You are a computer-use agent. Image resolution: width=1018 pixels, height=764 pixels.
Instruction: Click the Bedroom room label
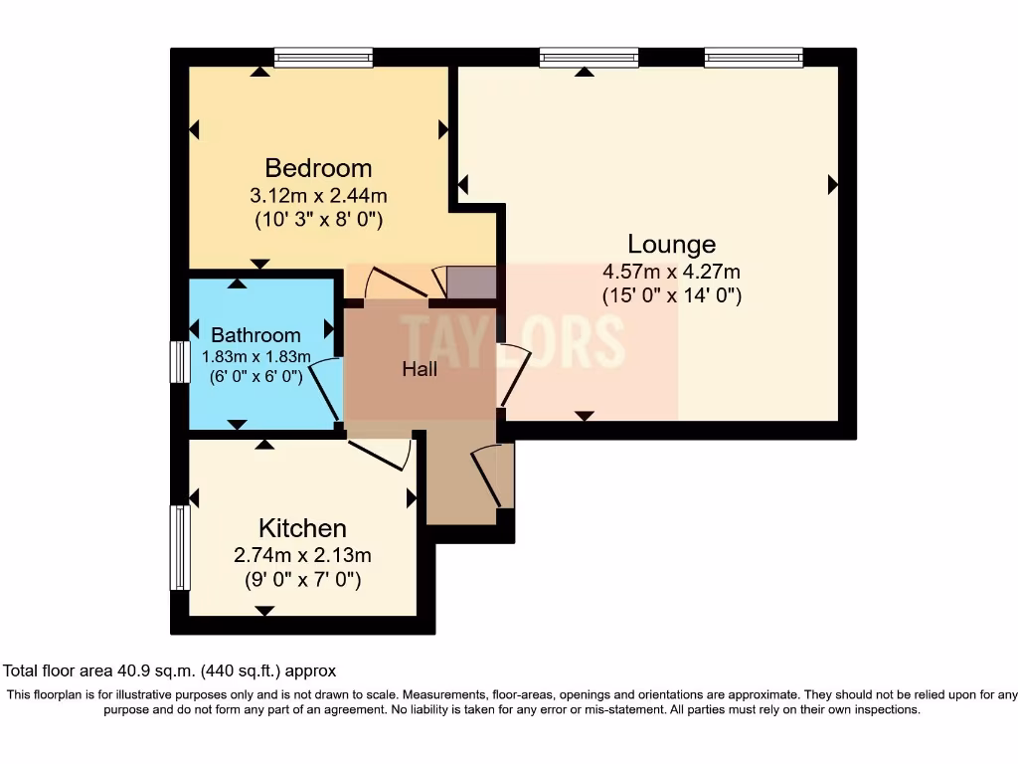point(318,167)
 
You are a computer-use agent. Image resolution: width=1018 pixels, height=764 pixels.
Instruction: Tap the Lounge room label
point(671,244)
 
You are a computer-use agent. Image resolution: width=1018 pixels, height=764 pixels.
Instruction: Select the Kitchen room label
point(302,528)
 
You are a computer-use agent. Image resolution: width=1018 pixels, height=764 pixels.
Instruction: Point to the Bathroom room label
point(255,335)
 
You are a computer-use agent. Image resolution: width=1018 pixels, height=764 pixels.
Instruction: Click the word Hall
point(420,369)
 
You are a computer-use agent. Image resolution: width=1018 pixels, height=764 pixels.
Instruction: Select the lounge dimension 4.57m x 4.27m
point(671,271)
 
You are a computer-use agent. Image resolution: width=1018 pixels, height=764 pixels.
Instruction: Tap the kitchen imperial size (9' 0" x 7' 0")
point(302,578)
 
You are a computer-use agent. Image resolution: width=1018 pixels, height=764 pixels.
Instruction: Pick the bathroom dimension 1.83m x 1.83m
point(256,356)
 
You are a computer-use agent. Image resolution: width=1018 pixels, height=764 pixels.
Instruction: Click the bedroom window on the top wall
point(323,58)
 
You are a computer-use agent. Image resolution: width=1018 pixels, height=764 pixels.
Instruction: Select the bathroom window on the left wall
point(180,361)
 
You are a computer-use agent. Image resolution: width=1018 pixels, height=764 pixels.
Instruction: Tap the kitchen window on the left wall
point(180,547)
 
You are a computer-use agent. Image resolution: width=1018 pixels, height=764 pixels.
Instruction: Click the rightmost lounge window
point(754,58)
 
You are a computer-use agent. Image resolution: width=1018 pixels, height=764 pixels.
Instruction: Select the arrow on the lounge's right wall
point(832,184)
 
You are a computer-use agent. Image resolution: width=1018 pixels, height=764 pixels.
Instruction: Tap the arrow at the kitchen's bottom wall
point(264,610)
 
